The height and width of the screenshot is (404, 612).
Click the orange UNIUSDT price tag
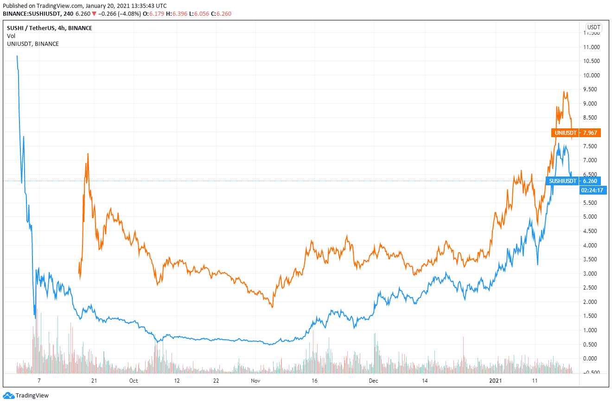[x=576, y=133]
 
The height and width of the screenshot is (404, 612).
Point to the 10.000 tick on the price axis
[x=591, y=75]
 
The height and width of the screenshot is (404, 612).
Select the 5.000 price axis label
[x=591, y=217]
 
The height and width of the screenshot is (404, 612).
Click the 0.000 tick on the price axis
[x=591, y=359]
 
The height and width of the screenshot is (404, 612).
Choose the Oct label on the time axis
[x=134, y=381]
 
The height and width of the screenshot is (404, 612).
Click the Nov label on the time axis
[x=255, y=381]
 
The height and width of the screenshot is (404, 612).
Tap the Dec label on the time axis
[x=374, y=381]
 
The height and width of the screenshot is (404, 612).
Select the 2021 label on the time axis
[x=496, y=381]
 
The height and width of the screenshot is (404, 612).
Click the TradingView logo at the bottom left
[x=26, y=396]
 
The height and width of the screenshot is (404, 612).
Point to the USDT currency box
[x=593, y=27]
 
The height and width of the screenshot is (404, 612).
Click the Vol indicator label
[x=11, y=36]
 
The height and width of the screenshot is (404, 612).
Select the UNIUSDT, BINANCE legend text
[x=32, y=44]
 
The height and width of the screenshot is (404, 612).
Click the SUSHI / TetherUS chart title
[x=49, y=28]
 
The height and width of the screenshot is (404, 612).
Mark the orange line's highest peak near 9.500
[x=564, y=92]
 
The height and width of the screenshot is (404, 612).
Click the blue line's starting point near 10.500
[x=17, y=56]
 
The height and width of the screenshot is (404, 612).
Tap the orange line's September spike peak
[x=88, y=153]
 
